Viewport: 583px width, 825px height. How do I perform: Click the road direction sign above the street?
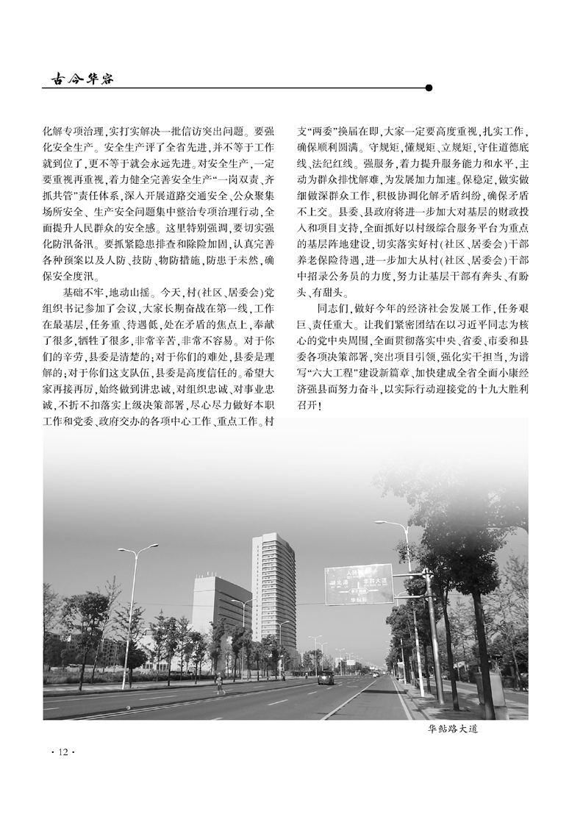pyautogui.click(x=359, y=584)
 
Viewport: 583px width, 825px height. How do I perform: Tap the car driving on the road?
pyautogui.click(x=326, y=677)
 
